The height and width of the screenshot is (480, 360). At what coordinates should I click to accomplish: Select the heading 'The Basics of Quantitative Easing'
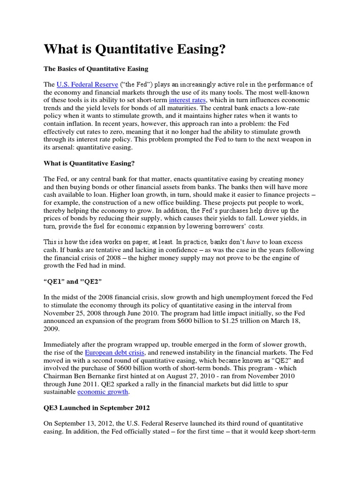click(96, 69)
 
